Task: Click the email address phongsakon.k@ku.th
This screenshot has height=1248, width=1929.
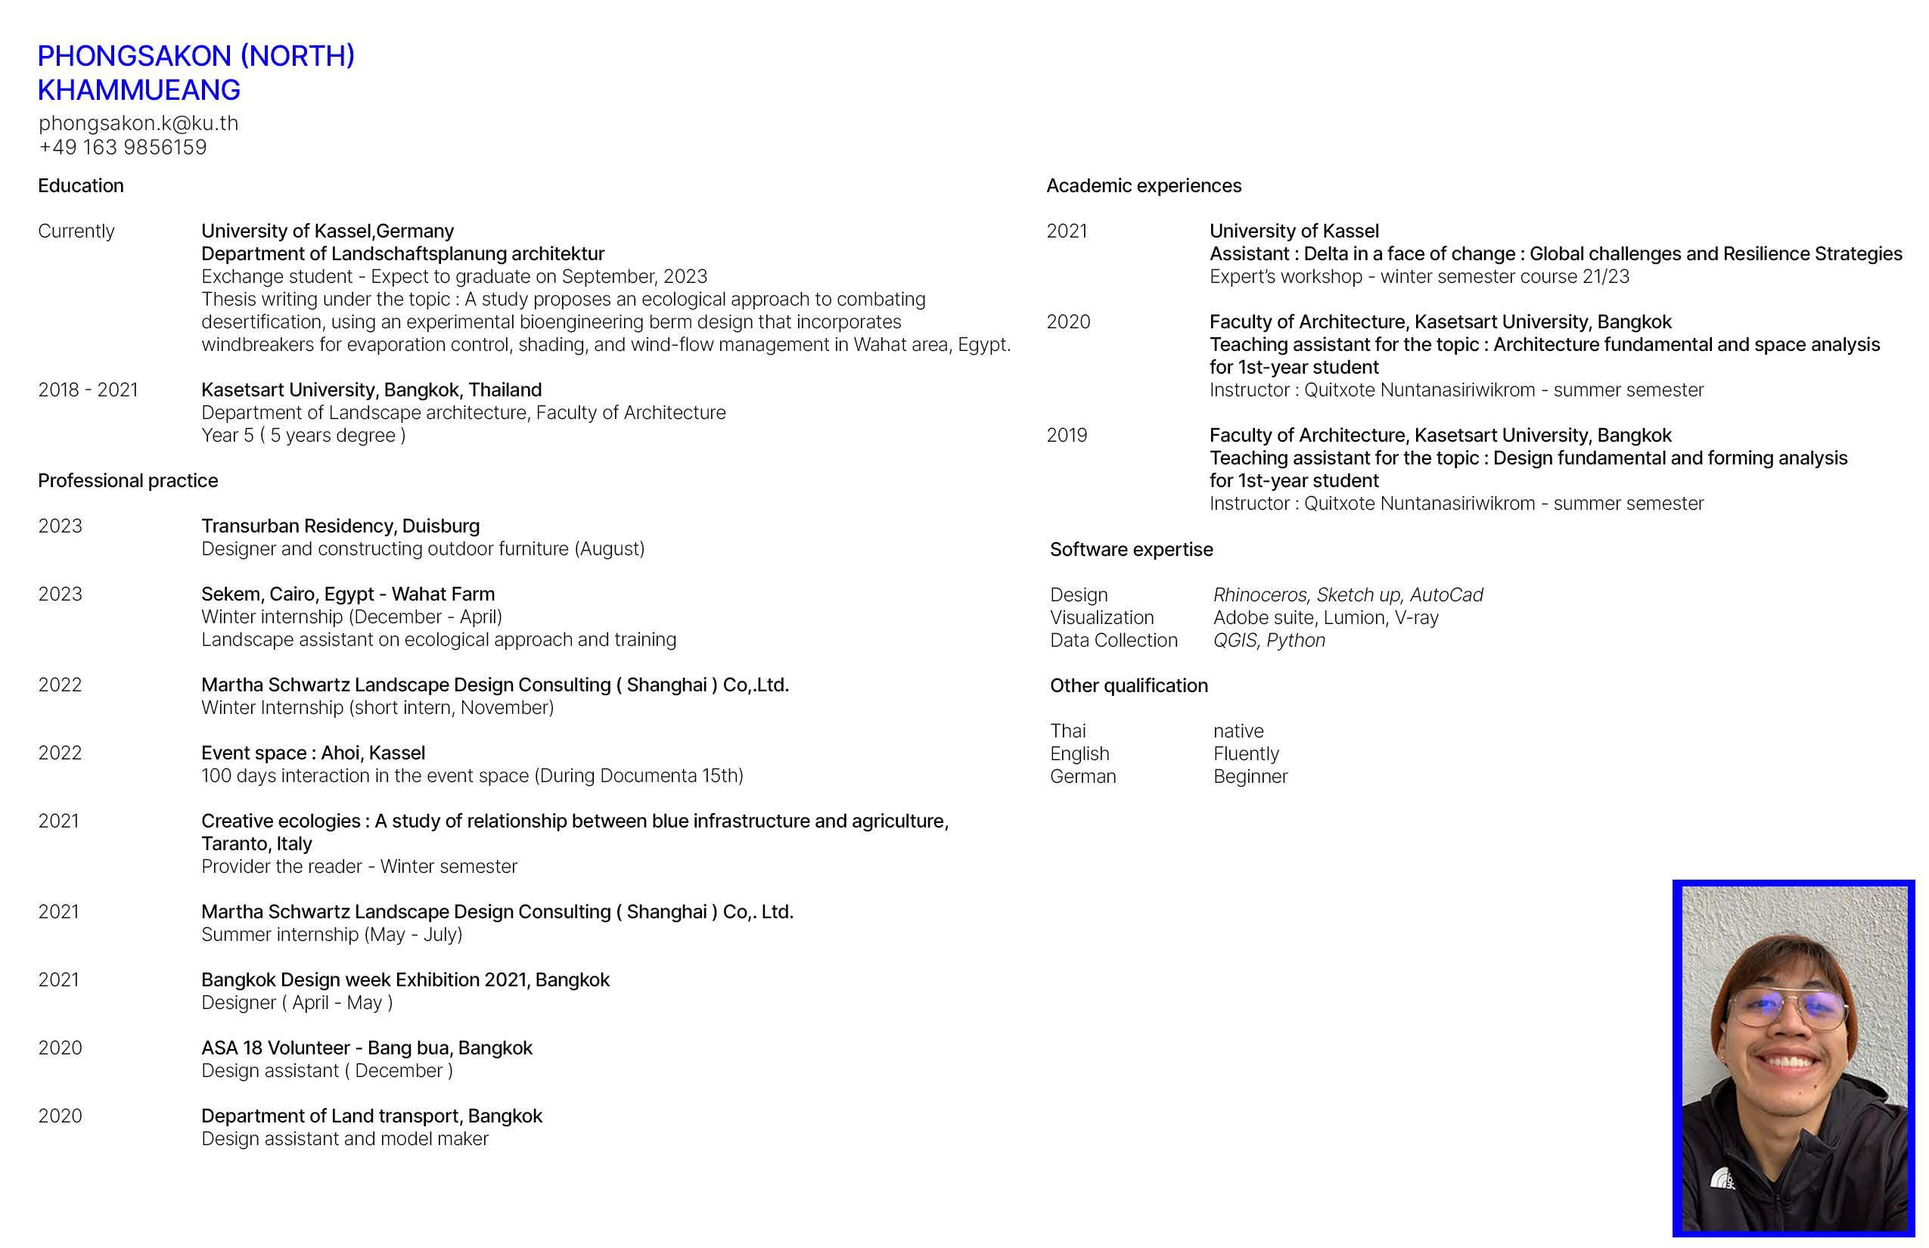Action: pos(138,123)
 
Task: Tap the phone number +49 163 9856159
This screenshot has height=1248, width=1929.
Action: pos(123,147)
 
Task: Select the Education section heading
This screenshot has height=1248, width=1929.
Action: pos(81,185)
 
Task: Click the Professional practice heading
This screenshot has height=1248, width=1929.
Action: pos(128,480)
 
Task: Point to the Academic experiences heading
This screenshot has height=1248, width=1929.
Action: pos(1144,185)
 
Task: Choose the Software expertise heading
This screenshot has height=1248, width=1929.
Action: pos(1132,549)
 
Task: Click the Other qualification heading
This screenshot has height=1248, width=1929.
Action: pos(1129,685)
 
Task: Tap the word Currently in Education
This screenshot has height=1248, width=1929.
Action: pos(76,231)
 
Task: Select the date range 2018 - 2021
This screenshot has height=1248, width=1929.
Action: pos(88,390)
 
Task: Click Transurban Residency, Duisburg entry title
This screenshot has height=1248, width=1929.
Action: pos(340,526)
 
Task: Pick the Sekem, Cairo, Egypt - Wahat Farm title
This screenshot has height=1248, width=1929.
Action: pos(348,594)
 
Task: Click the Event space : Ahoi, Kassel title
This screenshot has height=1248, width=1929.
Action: pos(313,753)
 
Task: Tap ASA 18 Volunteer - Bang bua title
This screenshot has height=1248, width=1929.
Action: pos(366,1048)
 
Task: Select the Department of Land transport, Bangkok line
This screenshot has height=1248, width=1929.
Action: pos(371,1116)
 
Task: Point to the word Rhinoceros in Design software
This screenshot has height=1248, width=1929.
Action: pos(1260,595)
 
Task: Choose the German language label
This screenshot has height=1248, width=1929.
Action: pos(1083,776)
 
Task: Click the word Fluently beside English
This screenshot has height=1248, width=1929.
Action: pos(1246,753)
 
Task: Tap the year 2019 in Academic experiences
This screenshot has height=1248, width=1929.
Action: pos(1067,435)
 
